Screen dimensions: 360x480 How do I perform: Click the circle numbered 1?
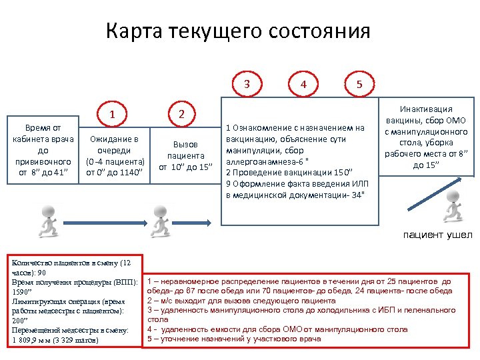tap(113, 114)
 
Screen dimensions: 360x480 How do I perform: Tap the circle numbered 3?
tap(247, 84)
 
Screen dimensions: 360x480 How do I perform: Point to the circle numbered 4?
tap(304, 84)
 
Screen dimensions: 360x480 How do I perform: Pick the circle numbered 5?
tap(359, 84)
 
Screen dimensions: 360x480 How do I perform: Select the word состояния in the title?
tap(320, 31)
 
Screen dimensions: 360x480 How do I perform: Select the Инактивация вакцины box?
tap(426, 137)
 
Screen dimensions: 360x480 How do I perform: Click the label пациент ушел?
tap(438, 235)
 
